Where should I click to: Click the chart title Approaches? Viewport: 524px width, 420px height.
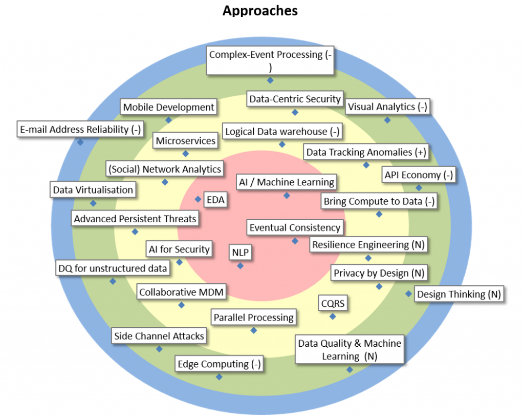[x=260, y=11]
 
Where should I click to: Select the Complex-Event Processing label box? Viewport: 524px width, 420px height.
[x=270, y=60]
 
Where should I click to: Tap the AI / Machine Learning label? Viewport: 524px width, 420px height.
[x=287, y=182]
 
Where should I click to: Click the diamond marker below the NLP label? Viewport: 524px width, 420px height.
[x=240, y=266]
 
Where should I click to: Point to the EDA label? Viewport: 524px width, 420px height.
[x=215, y=200]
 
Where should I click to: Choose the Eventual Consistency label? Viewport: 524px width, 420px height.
[x=295, y=227]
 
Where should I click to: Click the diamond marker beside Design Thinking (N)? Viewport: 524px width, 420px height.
[x=408, y=294]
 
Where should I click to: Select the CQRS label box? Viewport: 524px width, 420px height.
[x=333, y=303]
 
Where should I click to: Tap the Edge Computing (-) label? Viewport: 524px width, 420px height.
[x=219, y=364]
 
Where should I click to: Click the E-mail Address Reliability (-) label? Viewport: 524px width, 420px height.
[x=80, y=130]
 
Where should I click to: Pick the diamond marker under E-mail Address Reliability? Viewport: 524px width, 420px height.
[x=80, y=142]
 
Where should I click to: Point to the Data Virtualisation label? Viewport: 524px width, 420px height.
[x=93, y=190]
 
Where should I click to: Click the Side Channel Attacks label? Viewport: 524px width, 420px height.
[x=159, y=337]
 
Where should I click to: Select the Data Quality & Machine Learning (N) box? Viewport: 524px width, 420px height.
[x=350, y=350]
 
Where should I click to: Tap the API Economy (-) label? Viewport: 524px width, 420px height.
[x=419, y=175]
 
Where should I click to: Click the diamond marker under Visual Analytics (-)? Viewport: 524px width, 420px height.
[x=387, y=120]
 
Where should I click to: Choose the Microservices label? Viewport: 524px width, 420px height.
[x=186, y=141]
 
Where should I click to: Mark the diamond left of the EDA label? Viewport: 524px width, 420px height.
[x=198, y=199]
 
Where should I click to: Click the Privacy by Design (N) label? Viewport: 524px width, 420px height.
[x=379, y=274]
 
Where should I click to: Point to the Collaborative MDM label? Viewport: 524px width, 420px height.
[x=182, y=292]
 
